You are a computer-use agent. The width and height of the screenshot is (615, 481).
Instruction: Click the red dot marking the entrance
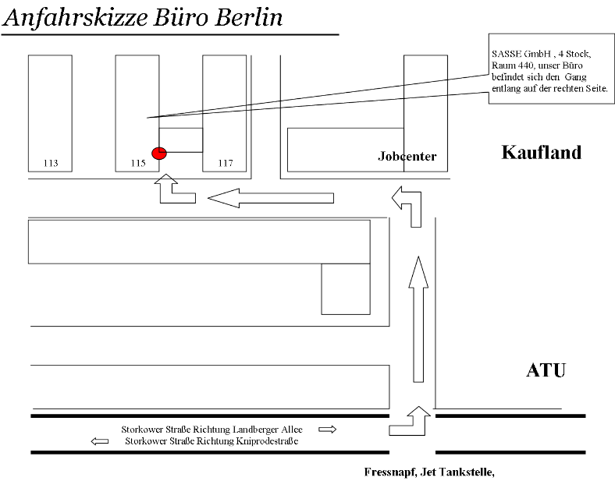coord(159,153)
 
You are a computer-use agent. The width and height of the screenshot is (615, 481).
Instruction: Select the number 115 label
coord(138,163)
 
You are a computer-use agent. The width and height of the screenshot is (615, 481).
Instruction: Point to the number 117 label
coord(226,163)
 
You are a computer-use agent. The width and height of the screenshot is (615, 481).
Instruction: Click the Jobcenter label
coord(407,156)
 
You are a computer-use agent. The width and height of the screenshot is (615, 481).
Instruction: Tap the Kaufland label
coord(542,152)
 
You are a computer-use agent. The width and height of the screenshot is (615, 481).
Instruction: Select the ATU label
coord(546,370)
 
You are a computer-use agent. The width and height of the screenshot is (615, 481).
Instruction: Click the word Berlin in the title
coord(249,18)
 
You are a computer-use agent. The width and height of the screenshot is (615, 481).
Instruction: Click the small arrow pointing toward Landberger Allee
coord(328,430)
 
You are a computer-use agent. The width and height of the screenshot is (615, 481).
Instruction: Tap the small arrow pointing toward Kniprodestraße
coord(100,441)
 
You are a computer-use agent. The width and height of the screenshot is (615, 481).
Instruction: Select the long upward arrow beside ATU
coord(418,319)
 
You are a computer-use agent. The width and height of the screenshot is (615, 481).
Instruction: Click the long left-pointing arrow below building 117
coord(271,198)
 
